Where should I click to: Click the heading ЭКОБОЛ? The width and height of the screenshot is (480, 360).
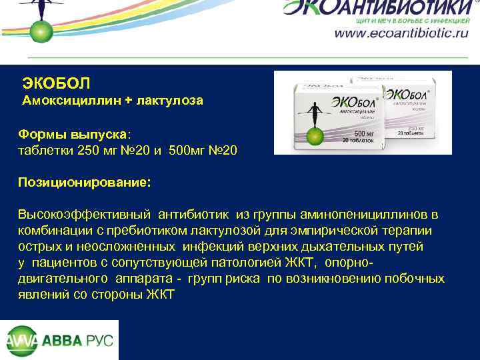tap(56, 83)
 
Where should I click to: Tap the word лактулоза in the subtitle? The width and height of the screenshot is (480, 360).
tap(169, 101)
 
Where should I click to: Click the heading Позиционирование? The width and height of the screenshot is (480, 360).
tap(84, 182)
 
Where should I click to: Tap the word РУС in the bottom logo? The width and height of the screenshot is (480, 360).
tap(99, 340)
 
